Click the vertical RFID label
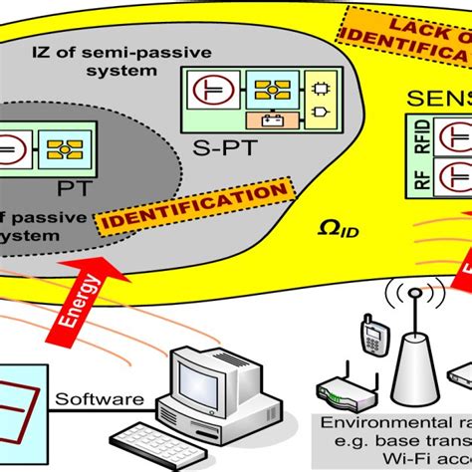coord(419,138)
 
